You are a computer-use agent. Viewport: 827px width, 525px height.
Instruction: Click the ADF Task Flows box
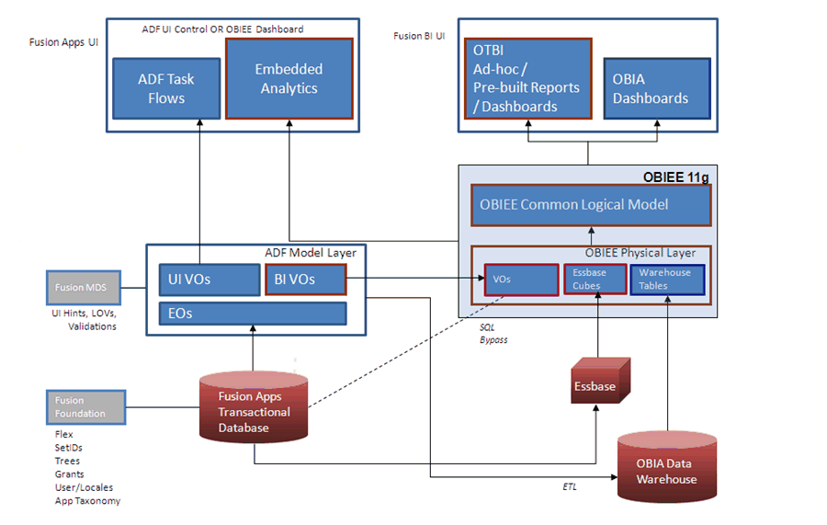166,88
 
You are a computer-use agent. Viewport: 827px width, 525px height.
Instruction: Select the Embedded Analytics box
288,78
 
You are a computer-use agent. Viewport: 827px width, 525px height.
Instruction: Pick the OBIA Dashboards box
656,88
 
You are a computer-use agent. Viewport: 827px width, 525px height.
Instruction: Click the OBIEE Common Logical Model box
591,205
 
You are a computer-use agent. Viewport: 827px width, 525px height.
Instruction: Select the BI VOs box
306,280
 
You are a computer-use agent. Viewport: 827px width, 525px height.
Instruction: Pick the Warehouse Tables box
666,280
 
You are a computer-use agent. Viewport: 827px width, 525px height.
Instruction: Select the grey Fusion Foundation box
85,407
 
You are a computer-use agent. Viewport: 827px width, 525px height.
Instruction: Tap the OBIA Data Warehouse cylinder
667,466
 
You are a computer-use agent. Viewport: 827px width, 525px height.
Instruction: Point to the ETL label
570,486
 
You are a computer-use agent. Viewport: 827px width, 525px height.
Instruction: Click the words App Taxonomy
87,501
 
